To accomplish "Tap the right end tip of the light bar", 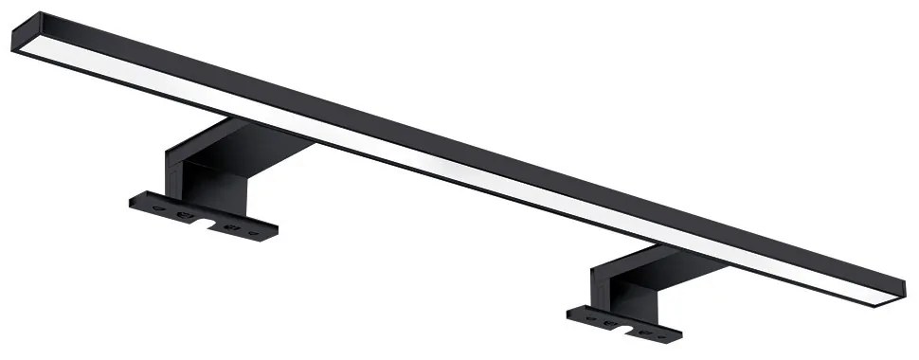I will coord(902,287).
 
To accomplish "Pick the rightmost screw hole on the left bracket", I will coord(253,230).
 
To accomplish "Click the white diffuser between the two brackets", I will coord(455,166).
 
